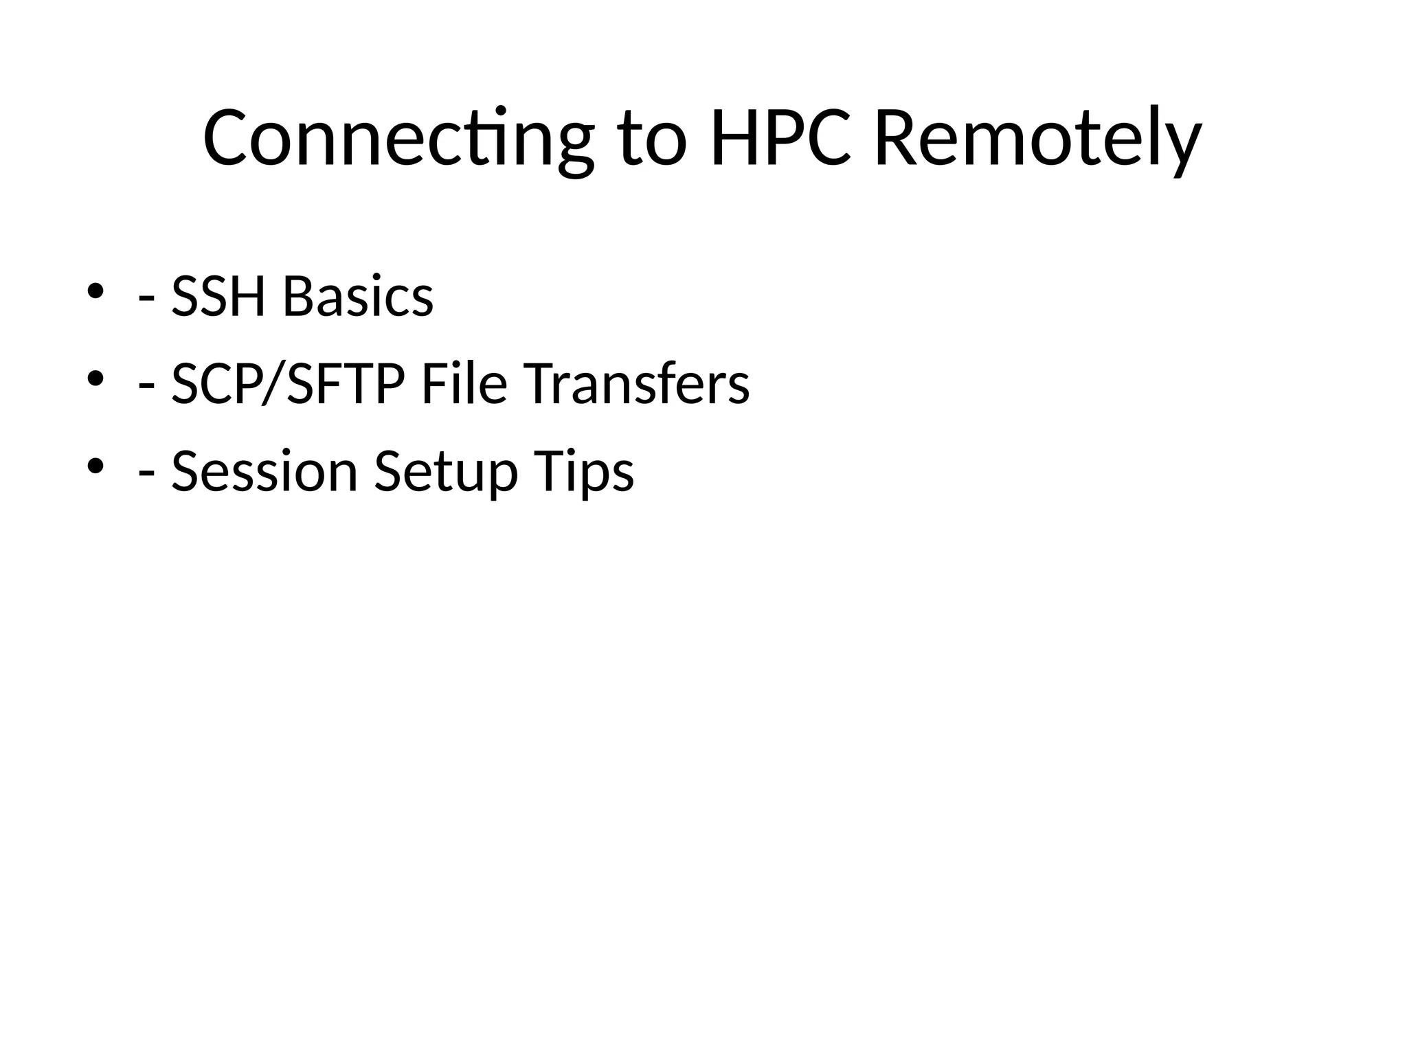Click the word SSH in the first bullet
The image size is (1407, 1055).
pos(218,297)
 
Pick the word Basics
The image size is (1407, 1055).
pos(358,297)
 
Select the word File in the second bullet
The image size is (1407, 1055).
pos(464,384)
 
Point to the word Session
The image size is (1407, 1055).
pos(264,472)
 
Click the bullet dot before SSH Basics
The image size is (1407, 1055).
pos(95,291)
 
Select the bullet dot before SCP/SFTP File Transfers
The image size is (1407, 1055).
pos(95,378)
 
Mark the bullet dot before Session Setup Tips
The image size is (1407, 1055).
pos(95,466)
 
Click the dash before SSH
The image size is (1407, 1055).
pos(146,302)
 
